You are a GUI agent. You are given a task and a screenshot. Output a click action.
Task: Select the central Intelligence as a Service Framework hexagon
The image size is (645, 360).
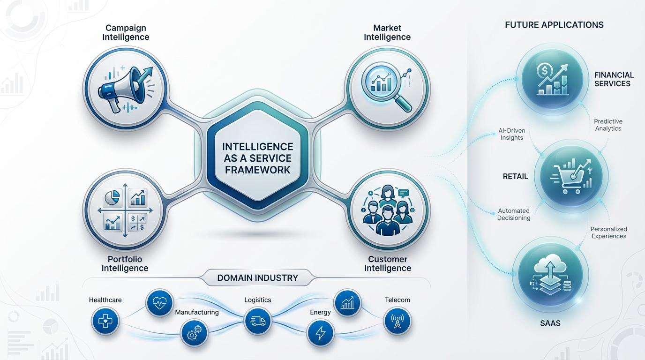[257, 158]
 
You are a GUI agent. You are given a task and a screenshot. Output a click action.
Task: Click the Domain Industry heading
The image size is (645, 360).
[257, 277]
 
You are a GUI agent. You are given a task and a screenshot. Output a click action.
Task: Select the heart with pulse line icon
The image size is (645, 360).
[160, 303]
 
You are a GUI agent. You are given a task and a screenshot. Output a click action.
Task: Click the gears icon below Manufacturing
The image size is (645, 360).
[194, 334]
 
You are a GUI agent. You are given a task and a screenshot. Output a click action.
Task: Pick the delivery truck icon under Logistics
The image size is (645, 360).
[258, 321]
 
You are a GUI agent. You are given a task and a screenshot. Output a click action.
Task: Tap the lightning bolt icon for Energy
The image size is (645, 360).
[321, 333]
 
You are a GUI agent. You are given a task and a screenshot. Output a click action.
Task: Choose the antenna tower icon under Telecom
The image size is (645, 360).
[397, 322]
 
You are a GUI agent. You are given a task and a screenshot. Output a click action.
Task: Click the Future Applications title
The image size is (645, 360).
[554, 25]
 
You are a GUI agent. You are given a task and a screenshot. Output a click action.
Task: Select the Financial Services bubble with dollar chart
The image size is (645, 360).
[552, 79]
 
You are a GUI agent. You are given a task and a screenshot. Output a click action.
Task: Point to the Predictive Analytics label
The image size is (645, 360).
[608, 125]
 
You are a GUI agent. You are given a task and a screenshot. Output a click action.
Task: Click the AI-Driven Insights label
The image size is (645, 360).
[511, 134]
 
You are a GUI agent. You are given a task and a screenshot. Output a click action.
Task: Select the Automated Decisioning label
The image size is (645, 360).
[514, 214]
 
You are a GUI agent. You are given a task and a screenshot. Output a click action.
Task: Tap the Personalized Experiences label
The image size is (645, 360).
[608, 232]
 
